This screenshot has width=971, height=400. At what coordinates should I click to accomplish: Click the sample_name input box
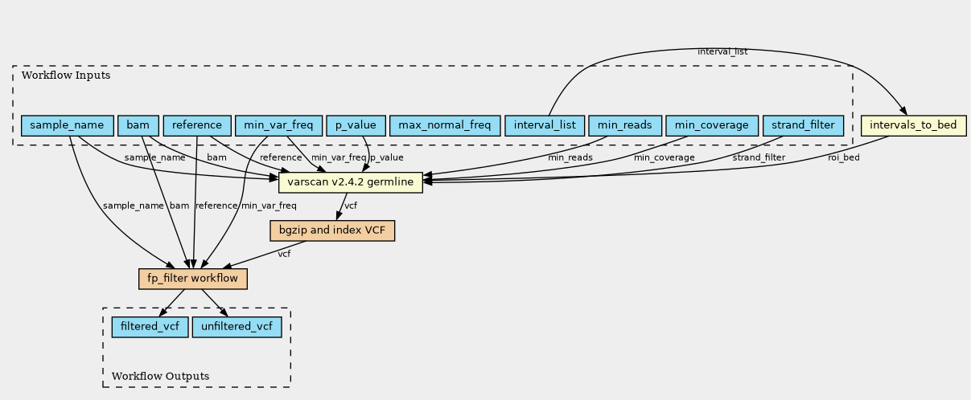(x=68, y=125)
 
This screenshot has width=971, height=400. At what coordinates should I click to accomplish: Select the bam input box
(x=138, y=125)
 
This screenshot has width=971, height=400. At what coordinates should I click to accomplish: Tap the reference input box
(x=197, y=125)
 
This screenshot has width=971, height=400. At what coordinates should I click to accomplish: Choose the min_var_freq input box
(x=278, y=125)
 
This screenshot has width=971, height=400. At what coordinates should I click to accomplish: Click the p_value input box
(x=356, y=125)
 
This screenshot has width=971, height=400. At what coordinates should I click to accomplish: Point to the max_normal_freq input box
(x=445, y=125)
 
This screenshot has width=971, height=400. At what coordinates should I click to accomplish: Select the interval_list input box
(x=545, y=125)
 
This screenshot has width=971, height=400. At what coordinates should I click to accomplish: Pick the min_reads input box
(x=625, y=125)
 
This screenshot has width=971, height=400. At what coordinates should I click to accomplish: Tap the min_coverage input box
(x=712, y=125)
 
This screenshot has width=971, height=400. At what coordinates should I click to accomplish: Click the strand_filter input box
(x=803, y=125)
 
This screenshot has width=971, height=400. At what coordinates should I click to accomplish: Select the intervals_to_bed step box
(x=913, y=125)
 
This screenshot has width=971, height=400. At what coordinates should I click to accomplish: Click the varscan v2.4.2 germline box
(x=351, y=182)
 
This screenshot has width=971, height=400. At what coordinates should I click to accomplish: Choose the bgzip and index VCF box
(x=332, y=231)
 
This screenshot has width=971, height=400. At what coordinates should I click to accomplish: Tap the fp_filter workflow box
(x=193, y=279)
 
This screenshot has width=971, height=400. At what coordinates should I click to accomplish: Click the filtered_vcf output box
(x=150, y=326)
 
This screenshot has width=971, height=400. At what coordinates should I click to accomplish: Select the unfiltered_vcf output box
(x=237, y=326)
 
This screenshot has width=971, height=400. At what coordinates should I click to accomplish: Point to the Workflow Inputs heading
(x=66, y=76)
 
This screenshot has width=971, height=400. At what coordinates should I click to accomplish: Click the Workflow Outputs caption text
(x=160, y=376)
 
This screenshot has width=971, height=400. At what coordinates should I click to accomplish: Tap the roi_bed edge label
(x=844, y=157)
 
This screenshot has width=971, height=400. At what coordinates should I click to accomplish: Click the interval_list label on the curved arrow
(x=722, y=52)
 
